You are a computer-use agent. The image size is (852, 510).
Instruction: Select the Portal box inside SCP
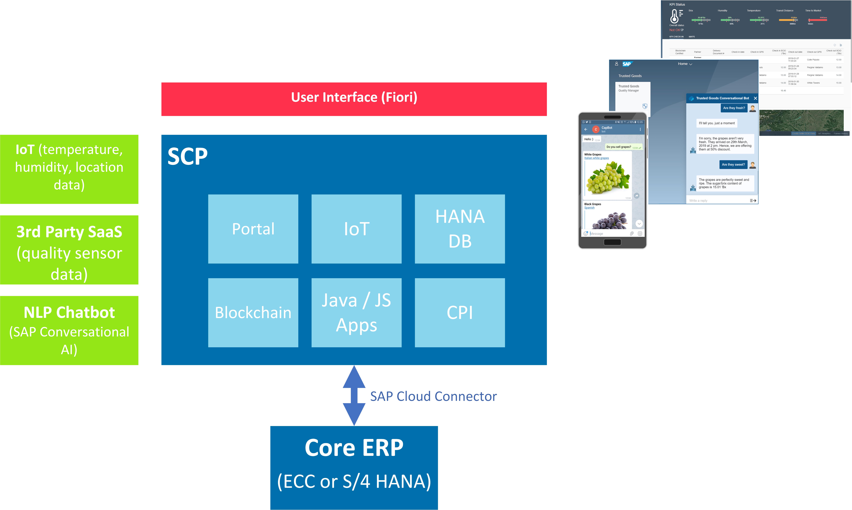click(x=253, y=229)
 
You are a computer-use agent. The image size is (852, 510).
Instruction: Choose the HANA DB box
click(x=460, y=229)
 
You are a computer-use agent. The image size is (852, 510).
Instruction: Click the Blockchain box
click(x=253, y=312)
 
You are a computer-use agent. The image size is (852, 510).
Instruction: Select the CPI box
click(x=460, y=312)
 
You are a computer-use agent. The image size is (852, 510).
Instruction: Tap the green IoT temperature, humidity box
click(x=69, y=169)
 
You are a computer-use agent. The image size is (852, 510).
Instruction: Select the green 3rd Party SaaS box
click(x=69, y=250)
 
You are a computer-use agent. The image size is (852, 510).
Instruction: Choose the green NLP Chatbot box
click(x=69, y=330)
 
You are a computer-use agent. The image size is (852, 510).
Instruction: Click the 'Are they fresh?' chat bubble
click(x=734, y=108)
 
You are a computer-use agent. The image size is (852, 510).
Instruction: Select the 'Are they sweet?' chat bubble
click(x=733, y=165)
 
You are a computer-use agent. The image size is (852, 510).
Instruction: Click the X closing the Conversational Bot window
click(x=755, y=98)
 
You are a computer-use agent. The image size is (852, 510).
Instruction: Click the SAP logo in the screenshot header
click(x=627, y=64)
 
